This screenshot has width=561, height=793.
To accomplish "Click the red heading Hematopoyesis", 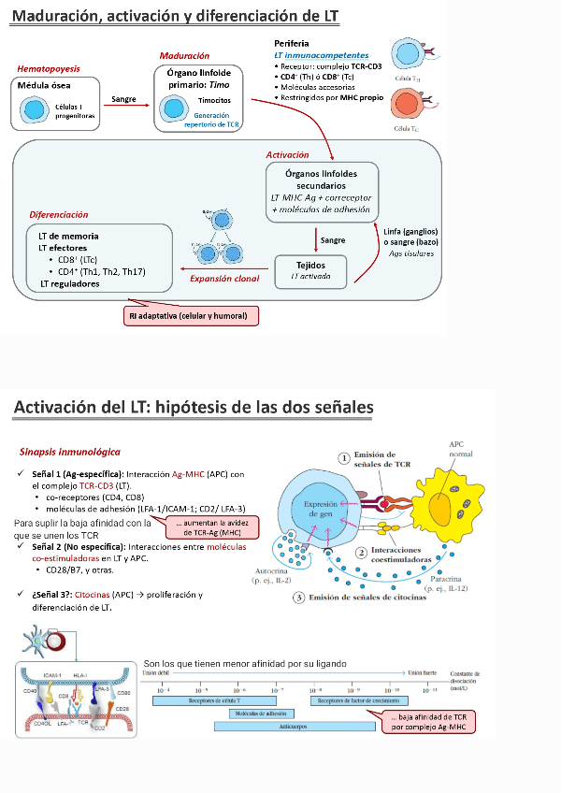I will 49,68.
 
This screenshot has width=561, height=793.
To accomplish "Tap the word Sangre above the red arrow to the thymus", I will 124,97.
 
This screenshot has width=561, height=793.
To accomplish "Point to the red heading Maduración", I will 184,56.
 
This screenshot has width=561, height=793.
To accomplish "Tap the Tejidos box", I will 311,270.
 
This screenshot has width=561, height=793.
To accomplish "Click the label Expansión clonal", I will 223,278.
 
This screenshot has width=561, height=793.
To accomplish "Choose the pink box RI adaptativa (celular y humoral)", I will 191,316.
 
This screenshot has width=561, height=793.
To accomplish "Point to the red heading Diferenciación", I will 58,214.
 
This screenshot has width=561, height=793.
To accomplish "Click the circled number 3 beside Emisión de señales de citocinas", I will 296,597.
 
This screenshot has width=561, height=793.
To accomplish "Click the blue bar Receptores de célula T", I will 212,699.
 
